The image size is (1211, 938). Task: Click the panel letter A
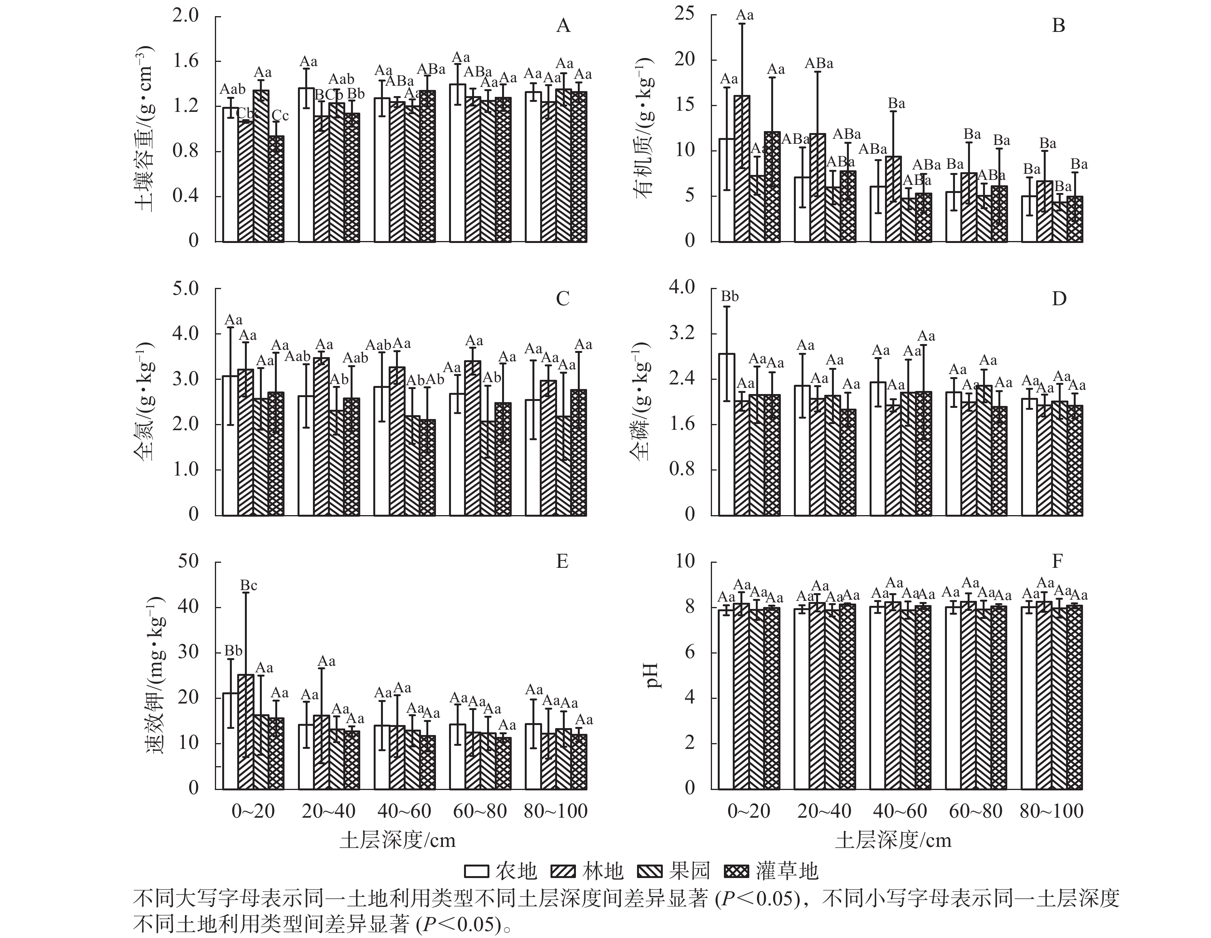tap(563, 26)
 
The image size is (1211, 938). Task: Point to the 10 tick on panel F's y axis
tap(685, 562)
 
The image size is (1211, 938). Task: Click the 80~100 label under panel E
tap(556, 811)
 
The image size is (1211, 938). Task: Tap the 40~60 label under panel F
tap(900, 811)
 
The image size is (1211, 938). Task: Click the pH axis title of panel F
tap(654, 675)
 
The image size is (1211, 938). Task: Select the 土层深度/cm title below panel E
tap(398, 840)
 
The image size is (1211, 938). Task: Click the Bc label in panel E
tap(248, 585)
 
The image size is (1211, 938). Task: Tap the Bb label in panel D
tap(730, 297)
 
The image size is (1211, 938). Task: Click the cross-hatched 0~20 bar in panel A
tap(276, 188)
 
